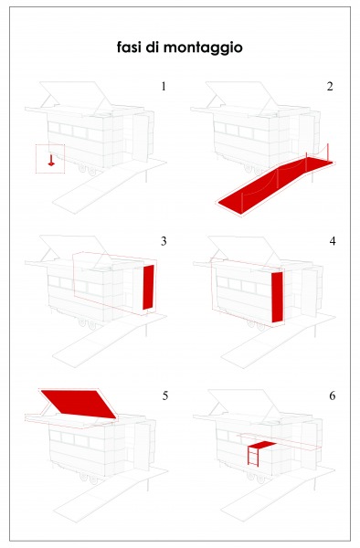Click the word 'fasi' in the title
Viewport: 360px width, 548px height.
(130, 47)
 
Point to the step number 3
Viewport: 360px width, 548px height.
(163, 241)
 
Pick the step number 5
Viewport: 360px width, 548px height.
(164, 396)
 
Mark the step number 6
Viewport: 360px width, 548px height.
(331, 396)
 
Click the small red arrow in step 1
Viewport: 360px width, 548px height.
(52, 162)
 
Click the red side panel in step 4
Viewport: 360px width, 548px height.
(278, 296)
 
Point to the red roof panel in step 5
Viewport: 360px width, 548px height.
(77, 401)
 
